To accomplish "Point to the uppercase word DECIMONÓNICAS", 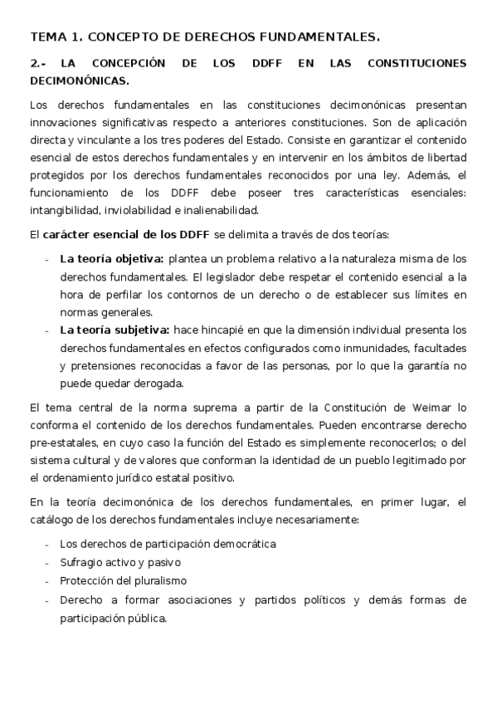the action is tap(80, 81).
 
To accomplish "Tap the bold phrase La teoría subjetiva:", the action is tap(115, 330).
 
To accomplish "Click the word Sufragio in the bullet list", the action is tap(80, 562).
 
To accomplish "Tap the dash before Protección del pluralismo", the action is tap(46, 580).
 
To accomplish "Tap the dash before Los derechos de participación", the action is tap(46, 544).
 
